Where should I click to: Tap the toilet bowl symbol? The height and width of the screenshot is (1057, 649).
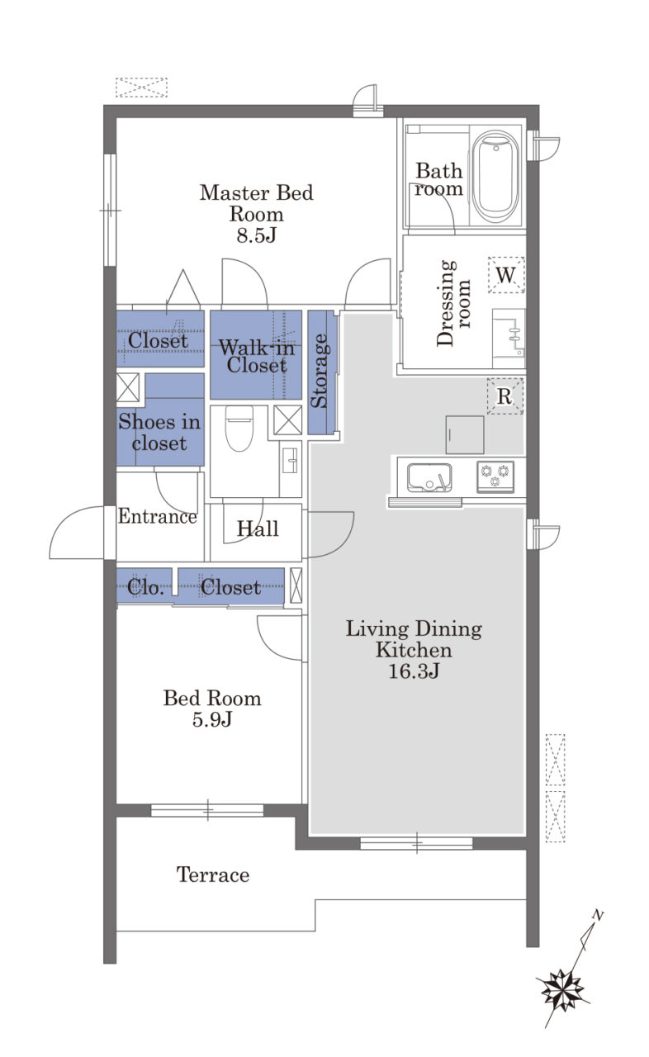(239, 428)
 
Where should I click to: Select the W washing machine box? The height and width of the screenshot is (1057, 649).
(506, 275)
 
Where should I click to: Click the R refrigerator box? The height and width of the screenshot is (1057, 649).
(505, 396)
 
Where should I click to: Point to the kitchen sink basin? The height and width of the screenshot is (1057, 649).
(429, 477)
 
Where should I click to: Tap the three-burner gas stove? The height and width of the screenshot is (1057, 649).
(495, 476)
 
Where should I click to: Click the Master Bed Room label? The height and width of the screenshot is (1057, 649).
(256, 203)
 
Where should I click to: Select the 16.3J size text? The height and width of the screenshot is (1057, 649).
(414, 671)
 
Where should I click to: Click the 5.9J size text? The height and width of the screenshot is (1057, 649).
(211, 719)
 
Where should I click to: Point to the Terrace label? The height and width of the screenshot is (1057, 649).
(213, 875)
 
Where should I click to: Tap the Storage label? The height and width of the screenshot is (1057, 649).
(320, 371)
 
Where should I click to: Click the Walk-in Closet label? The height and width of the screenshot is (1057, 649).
(257, 356)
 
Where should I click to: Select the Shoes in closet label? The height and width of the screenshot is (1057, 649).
(159, 432)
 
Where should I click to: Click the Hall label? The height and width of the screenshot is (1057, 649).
(258, 528)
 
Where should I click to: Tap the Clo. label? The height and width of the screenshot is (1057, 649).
(145, 587)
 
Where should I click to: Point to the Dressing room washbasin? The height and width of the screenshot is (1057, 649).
(509, 339)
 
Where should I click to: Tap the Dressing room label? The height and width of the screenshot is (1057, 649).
(452, 303)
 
